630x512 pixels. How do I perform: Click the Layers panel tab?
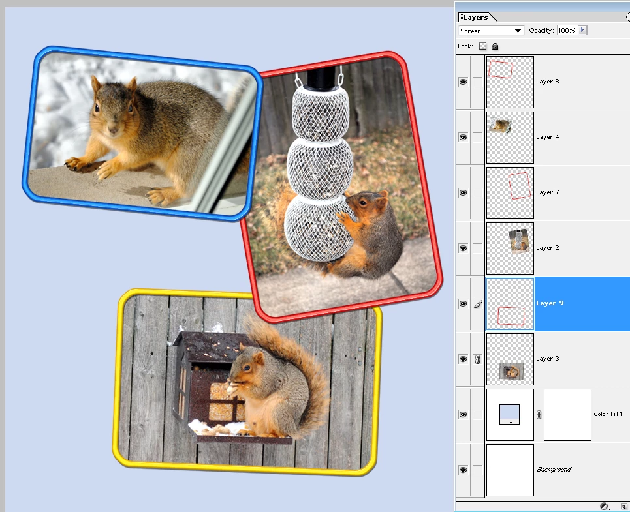pyautogui.click(x=475, y=17)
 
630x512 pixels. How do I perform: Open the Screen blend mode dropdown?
pyautogui.click(x=491, y=31)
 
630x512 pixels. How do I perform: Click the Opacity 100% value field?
pyautogui.click(x=567, y=31)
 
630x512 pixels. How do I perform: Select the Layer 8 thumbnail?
pyautogui.click(x=510, y=82)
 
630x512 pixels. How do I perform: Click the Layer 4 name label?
pyautogui.click(x=547, y=137)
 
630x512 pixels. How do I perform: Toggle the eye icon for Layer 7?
pyautogui.click(x=463, y=192)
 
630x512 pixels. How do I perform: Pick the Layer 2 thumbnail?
pyautogui.click(x=510, y=248)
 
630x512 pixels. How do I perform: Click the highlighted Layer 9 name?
pyautogui.click(x=550, y=303)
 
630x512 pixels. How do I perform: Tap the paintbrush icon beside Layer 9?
pyautogui.click(x=477, y=304)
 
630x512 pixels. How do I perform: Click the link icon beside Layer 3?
pyautogui.click(x=477, y=359)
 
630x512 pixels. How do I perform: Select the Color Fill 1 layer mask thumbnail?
pyautogui.click(x=567, y=415)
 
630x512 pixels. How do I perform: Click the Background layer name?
pyautogui.click(x=554, y=469)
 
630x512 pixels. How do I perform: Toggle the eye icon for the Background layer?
pyautogui.click(x=463, y=470)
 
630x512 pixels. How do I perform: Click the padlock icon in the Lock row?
pyautogui.click(x=496, y=46)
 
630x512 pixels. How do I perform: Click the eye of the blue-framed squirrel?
pyautogui.click(x=97, y=108)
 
